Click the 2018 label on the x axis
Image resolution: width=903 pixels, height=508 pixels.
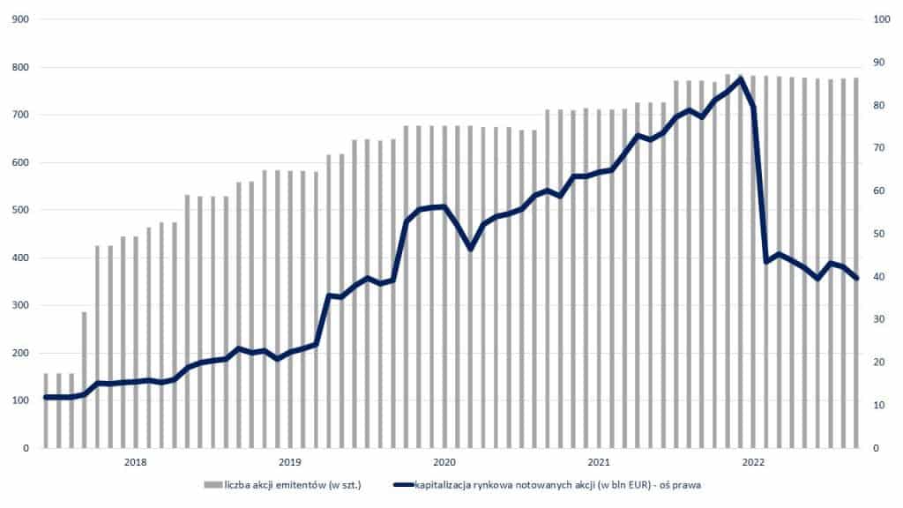(136, 462)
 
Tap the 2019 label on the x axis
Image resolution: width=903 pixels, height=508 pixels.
(290, 462)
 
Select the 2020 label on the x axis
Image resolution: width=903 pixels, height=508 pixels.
(444, 462)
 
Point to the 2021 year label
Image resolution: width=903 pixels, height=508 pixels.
(599, 462)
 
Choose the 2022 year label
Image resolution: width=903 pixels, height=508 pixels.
(753, 462)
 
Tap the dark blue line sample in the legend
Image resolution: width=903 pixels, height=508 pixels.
(403, 485)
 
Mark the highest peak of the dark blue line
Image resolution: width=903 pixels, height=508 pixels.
(741, 78)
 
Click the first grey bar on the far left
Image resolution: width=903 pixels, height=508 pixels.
(46, 411)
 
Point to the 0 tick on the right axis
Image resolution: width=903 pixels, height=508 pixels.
(877, 448)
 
